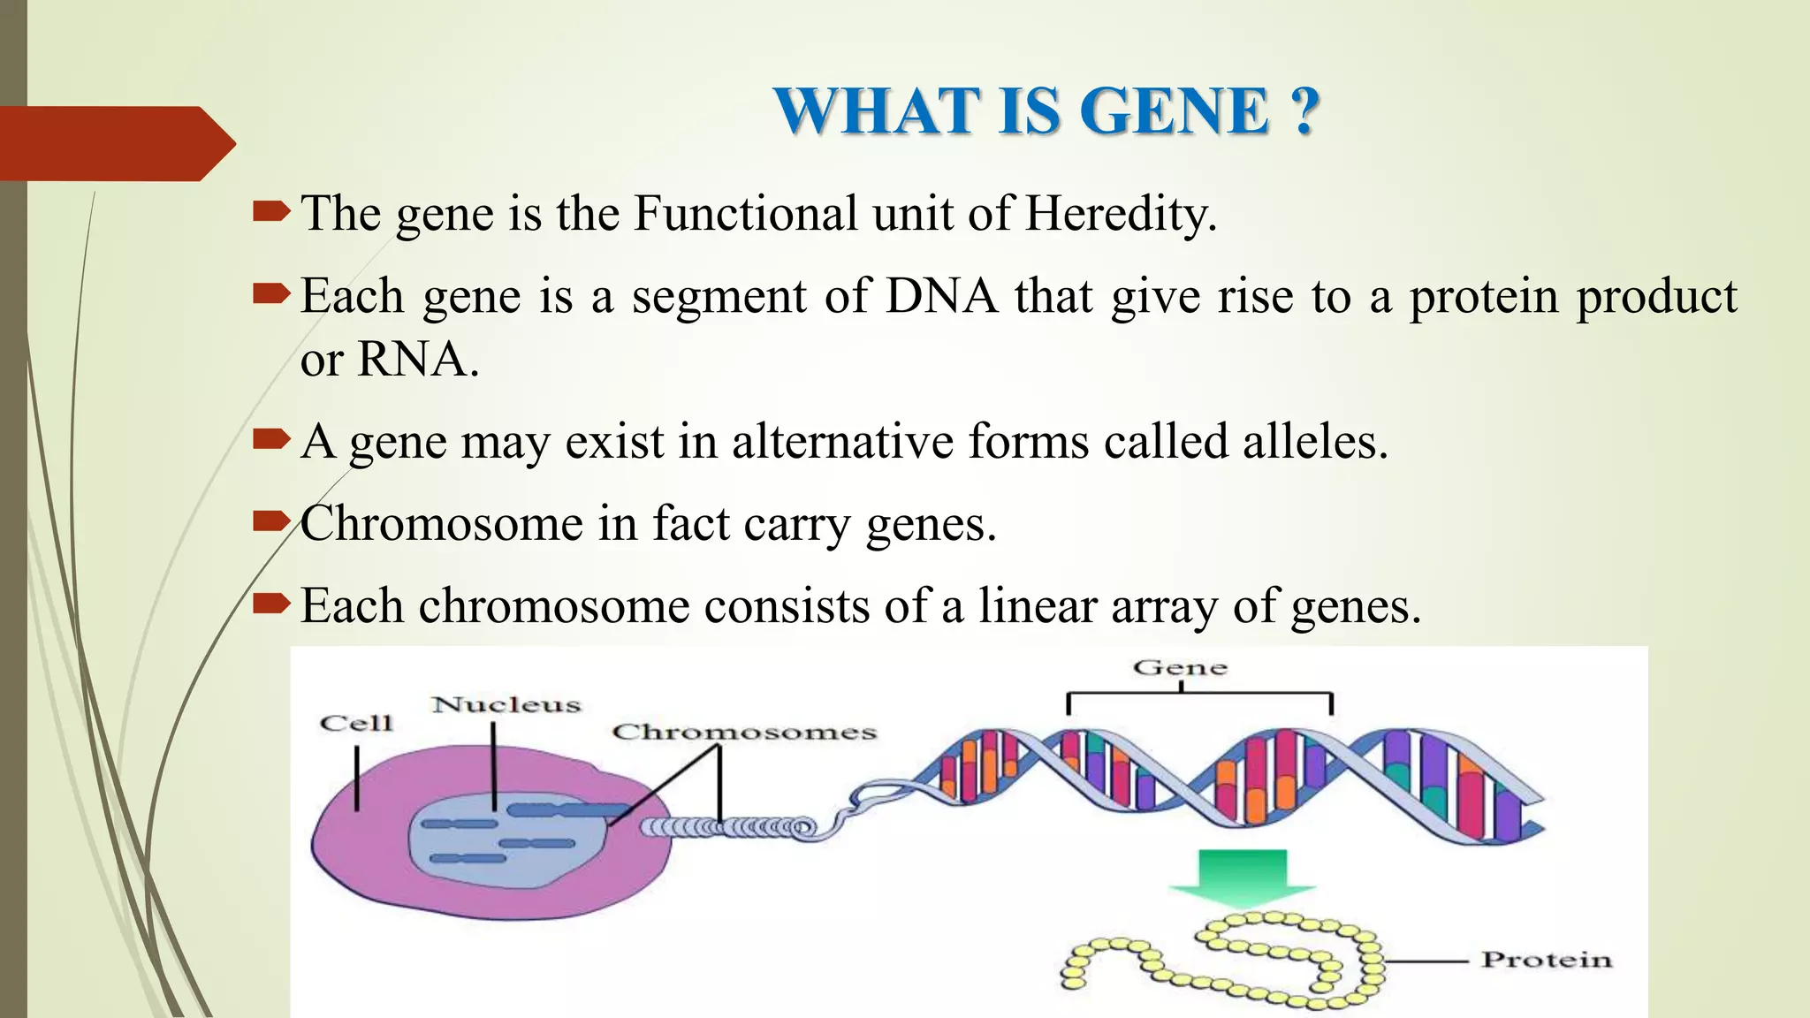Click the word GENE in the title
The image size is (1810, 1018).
coord(1175,111)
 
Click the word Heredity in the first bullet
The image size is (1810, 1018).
coord(1121,214)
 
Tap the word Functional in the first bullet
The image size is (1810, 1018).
coord(745,214)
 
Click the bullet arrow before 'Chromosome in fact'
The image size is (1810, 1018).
coord(270,521)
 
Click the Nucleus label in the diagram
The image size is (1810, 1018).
coord(506,704)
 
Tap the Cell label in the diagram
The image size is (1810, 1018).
coord(355,723)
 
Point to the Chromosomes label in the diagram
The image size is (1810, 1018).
coord(744,732)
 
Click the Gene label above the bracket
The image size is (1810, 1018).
coord(1180,667)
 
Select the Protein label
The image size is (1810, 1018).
coord(1546,960)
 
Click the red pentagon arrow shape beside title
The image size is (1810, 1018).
coord(115,143)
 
